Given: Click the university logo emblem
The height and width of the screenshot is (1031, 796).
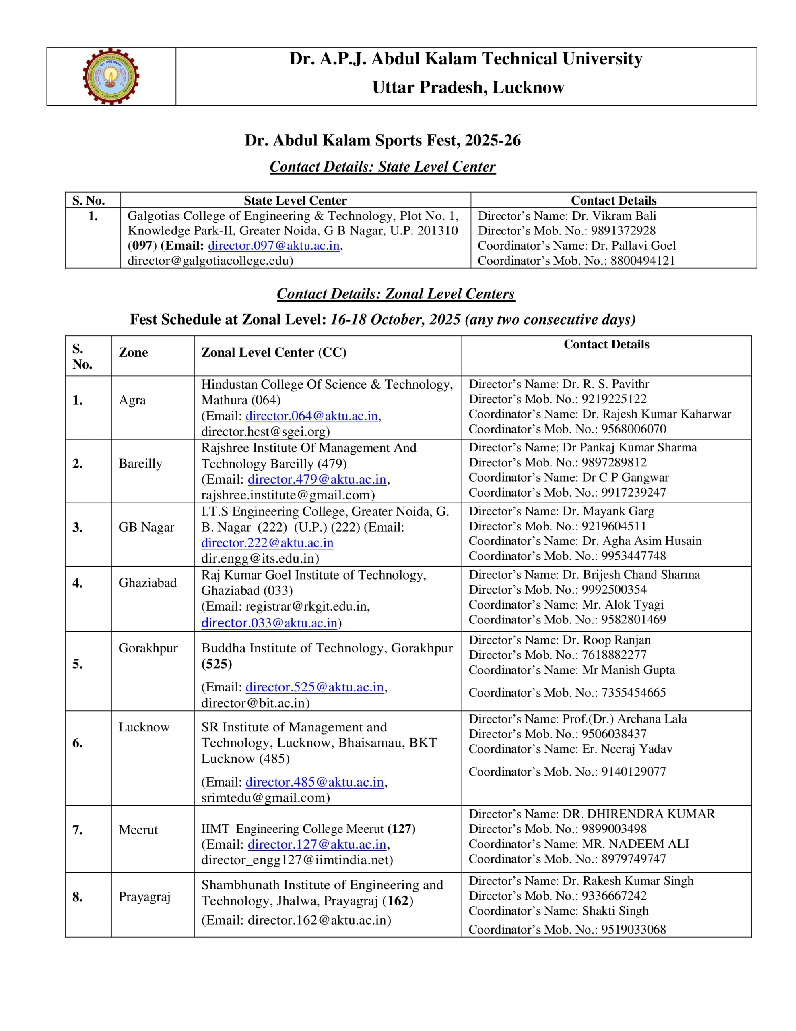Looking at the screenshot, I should click(x=111, y=76).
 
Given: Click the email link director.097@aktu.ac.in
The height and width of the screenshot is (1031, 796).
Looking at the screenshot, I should click(x=274, y=246).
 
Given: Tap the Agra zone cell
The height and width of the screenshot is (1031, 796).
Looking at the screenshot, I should click(x=132, y=400).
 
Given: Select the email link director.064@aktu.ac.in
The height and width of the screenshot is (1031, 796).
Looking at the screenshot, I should click(x=311, y=416).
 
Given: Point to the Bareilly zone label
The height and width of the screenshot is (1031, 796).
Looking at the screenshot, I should click(x=140, y=464).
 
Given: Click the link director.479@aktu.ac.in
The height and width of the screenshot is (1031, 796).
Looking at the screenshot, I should click(x=317, y=479).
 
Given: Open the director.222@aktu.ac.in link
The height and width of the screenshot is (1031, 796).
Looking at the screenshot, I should click(x=267, y=543).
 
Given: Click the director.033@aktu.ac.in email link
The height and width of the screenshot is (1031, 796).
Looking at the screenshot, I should click(x=269, y=623).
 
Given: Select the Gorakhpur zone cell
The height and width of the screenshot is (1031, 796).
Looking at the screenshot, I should click(x=148, y=648).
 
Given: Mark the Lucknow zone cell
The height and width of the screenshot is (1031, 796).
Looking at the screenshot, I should click(x=144, y=727).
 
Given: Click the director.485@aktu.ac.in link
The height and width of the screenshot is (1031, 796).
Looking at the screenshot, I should click(x=315, y=782).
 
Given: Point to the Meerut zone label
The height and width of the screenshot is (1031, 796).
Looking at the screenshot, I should click(x=138, y=830).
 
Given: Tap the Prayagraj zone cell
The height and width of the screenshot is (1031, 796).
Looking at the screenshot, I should click(x=144, y=897).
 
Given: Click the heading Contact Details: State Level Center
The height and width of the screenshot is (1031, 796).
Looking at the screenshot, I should click(x=382, y=167).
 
